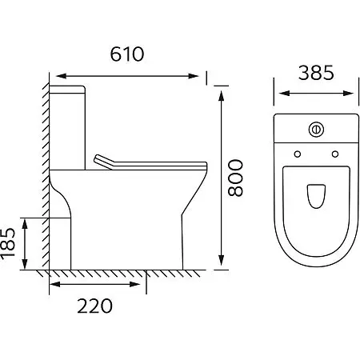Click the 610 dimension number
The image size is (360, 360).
click(127, 54)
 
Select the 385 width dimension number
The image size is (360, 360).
click(316, 73)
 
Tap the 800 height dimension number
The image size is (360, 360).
click(235, 178)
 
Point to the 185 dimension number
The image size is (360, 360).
click(8, 242)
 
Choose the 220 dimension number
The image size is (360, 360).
click(94, 306)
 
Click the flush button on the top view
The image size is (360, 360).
click(316, 130)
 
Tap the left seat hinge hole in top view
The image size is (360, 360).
click(298, 154)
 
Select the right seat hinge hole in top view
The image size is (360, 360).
click(335, 154)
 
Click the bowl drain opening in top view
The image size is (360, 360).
click(316, 196)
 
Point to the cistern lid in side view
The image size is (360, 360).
click(67, 90)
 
